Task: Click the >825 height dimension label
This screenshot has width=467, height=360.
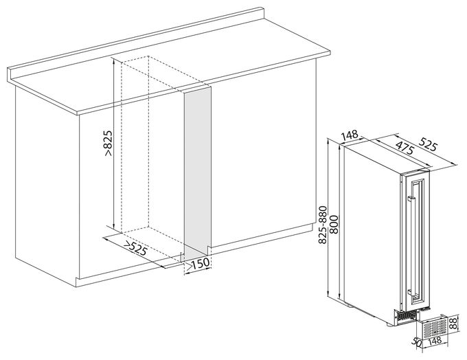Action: coord(108,143)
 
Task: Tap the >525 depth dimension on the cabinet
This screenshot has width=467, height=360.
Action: coord(135,248)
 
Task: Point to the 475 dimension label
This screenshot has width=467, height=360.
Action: coord(405,146)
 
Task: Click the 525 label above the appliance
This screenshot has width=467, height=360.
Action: coord(428,144)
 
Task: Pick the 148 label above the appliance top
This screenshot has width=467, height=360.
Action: coord(350,135)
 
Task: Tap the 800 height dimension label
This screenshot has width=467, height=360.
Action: coord(334,225)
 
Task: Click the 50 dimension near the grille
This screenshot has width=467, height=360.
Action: coord(418,342)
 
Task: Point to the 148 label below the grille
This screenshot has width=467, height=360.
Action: coord(435,341)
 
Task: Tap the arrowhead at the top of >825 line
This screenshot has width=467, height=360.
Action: coord(114,59)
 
